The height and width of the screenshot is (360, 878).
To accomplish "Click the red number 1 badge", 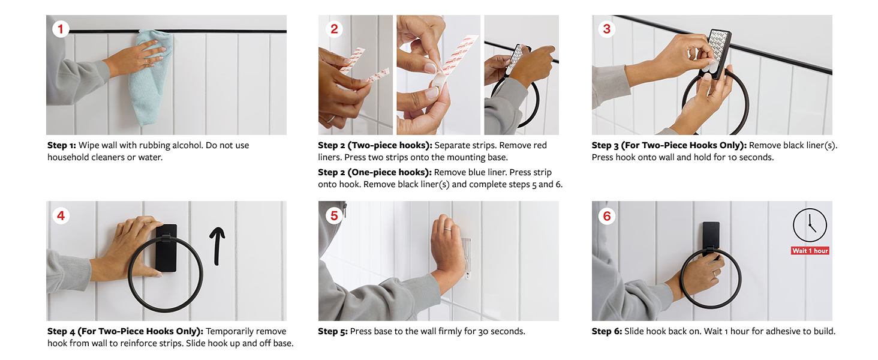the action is click(61, 29).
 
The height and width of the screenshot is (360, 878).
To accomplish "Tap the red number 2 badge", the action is click(334, 29).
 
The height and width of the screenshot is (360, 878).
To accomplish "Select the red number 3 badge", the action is click(607, 29).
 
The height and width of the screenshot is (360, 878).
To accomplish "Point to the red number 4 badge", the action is click(61, 215).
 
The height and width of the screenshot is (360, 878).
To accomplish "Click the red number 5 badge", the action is click(334, 215).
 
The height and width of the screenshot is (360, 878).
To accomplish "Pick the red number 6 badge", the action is click(607, 215).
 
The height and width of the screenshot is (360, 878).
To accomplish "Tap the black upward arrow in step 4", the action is click(217, 246).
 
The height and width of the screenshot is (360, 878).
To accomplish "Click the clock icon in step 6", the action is click(810, 225).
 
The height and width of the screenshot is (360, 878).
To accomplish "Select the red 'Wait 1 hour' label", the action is click(810, 251).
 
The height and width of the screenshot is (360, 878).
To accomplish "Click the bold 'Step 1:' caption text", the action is click(62, 145).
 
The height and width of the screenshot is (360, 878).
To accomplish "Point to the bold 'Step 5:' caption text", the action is click(333, 331).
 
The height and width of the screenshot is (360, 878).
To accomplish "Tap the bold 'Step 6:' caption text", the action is click(607, 331).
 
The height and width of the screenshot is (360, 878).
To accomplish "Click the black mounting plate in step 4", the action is click(167, 248).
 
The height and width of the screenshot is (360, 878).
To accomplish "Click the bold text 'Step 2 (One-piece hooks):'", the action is click(375, 173).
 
